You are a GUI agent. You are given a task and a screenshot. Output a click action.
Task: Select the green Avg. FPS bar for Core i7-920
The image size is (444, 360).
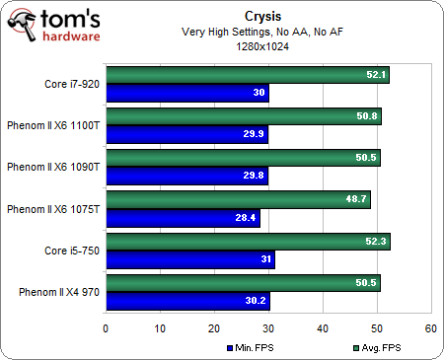tap(247, 75)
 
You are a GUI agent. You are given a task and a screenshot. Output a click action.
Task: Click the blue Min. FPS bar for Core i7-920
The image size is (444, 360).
tap(186, 94)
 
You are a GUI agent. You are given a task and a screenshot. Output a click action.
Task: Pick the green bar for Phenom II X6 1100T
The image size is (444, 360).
tap(243, 116)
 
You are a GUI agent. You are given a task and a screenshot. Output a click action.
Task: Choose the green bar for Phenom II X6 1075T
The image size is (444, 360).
tap(237, 199)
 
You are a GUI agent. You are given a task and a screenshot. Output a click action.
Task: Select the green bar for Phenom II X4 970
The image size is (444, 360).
tap(242, 282)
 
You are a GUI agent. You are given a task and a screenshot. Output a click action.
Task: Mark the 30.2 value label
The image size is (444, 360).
tap(255, 301)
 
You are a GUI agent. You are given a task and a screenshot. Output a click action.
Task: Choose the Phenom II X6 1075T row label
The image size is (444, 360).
tap(51, 209)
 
